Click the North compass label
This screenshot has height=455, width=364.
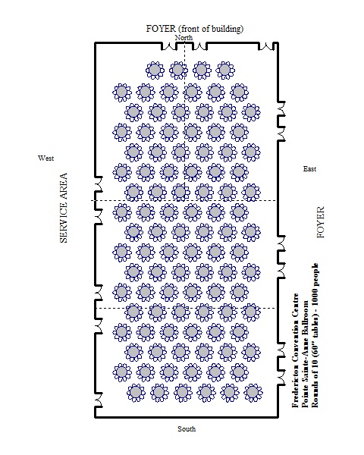(x=184, y=37)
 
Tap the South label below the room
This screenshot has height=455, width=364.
(x=187, y=428)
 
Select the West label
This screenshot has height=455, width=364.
(x=45, y=158)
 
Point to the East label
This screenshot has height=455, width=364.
(x=309, y=169)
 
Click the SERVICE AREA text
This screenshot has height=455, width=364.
(x=64, y=208)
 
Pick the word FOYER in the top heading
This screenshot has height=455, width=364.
(x=161, y=29)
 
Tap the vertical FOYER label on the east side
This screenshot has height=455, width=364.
(x=321, y=222)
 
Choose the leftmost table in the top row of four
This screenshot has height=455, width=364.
(x=155, y=71)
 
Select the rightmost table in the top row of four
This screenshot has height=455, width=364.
(x=225, y=71)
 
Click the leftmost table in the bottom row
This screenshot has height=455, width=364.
(x=136, y=393)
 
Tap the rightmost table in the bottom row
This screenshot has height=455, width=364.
(x=253, y=393)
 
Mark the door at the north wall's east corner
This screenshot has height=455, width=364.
(x=266, y=46)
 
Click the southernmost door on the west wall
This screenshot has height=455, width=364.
(x=99, y=400)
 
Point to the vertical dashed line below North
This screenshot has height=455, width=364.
(x=184, y=121)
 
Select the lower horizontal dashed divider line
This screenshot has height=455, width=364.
(x=186, y=308)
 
